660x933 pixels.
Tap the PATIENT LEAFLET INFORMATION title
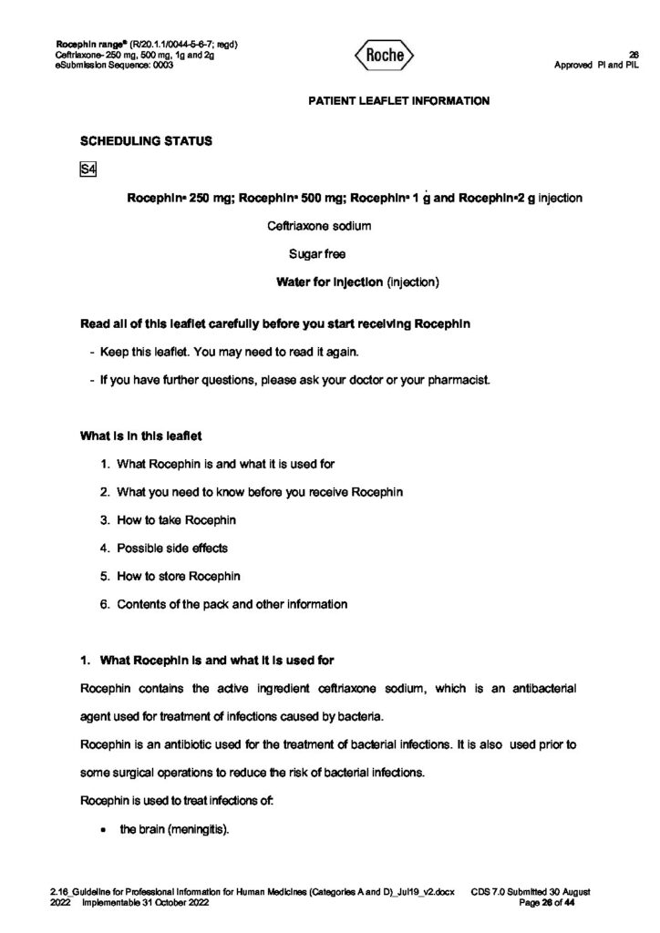[x=398, y=101]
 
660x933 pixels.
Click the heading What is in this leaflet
[x=135, y=436]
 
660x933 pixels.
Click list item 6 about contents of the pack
[x=232, y=603]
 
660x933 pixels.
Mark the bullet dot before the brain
[x=107, y=830]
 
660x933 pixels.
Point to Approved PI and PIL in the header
[x=596, y=64]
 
